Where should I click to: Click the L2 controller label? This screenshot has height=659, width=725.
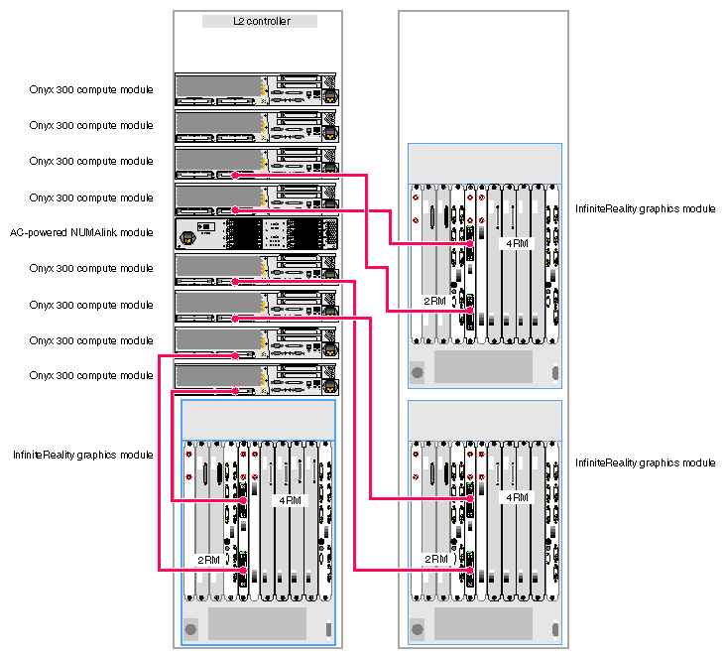coord(260,21)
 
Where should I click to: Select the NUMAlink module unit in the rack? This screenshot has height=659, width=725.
coord(256,233)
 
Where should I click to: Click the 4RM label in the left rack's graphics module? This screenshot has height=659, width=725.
coord(290,500)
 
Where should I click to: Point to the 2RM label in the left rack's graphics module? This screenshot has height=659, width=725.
coord(208,560)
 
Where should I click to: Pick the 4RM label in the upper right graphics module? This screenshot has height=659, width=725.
coord(517,242)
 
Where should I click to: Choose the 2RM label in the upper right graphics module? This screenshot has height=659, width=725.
coord(435,300)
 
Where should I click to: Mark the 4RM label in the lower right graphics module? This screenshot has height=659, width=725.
coord(517,497)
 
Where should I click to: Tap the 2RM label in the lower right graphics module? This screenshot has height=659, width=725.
coord(435,559)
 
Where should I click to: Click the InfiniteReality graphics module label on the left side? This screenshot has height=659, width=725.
coord(82,455)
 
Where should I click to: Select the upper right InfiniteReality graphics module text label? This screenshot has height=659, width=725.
coord(645,208)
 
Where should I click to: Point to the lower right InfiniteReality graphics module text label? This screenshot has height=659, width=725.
coord(645,463)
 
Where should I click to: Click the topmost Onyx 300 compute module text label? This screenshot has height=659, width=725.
coord(91,90)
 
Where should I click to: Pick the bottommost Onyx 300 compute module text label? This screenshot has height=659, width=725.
coord(91,376)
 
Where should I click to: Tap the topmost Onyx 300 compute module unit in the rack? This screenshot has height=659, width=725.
coord(256,88)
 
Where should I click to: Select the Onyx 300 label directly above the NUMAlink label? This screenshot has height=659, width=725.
coord(91,198)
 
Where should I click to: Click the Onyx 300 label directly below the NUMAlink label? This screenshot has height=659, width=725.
coord(91,269)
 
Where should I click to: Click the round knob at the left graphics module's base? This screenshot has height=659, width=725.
coord(190,627)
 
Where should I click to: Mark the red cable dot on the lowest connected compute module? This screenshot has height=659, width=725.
coord(235,354)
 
